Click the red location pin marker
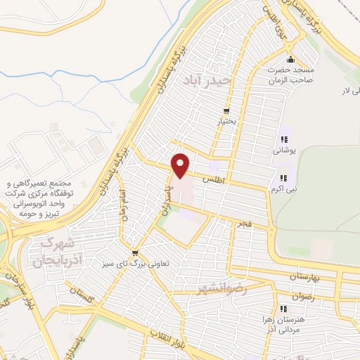pyautogui.click(x=181, y=165)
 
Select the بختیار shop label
pyautogui.click(x=226, y=121)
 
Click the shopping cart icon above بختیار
pyautogui.click(x=226, y=110)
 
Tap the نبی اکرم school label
pyautogui.click(x=285, y=189)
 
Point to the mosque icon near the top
pyautogui.click(x=289, y=60)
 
